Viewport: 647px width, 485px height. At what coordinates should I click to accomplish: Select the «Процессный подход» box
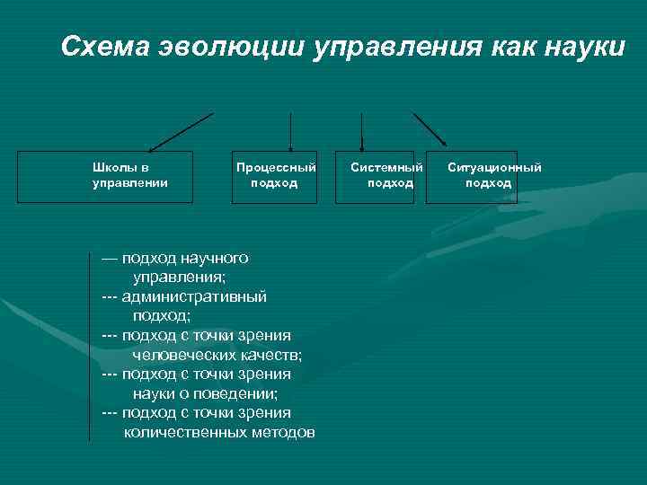(x=275, y=176)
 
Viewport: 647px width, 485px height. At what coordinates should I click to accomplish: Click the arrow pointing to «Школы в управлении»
(x=181, y=131)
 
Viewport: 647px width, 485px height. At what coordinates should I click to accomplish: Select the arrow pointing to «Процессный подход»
(x=290, y=131)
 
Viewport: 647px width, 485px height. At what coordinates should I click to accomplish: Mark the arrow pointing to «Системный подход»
(x=361, y=131)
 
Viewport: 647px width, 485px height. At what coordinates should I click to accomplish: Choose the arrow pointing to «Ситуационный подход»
(x=430, y=128)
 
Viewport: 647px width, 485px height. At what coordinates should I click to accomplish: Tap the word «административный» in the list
(x=194, y=295)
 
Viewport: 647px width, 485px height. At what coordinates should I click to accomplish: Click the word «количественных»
(x=186, y=432)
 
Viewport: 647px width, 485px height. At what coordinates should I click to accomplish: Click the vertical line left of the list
(x=90, y=346)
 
